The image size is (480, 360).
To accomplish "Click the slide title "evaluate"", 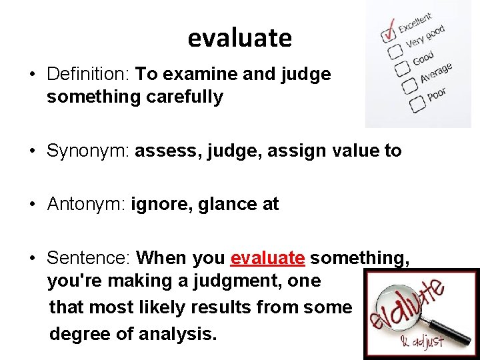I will [x=239, y=38].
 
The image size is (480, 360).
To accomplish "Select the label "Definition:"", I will [x=89, y=74].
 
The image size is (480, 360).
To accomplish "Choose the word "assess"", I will [x=168, y=151].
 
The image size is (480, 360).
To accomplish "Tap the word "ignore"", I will [x=160, y=204].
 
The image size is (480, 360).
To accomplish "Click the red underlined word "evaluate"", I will [x=267, y=257].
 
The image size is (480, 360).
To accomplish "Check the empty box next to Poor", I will [x=417, y=104].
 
